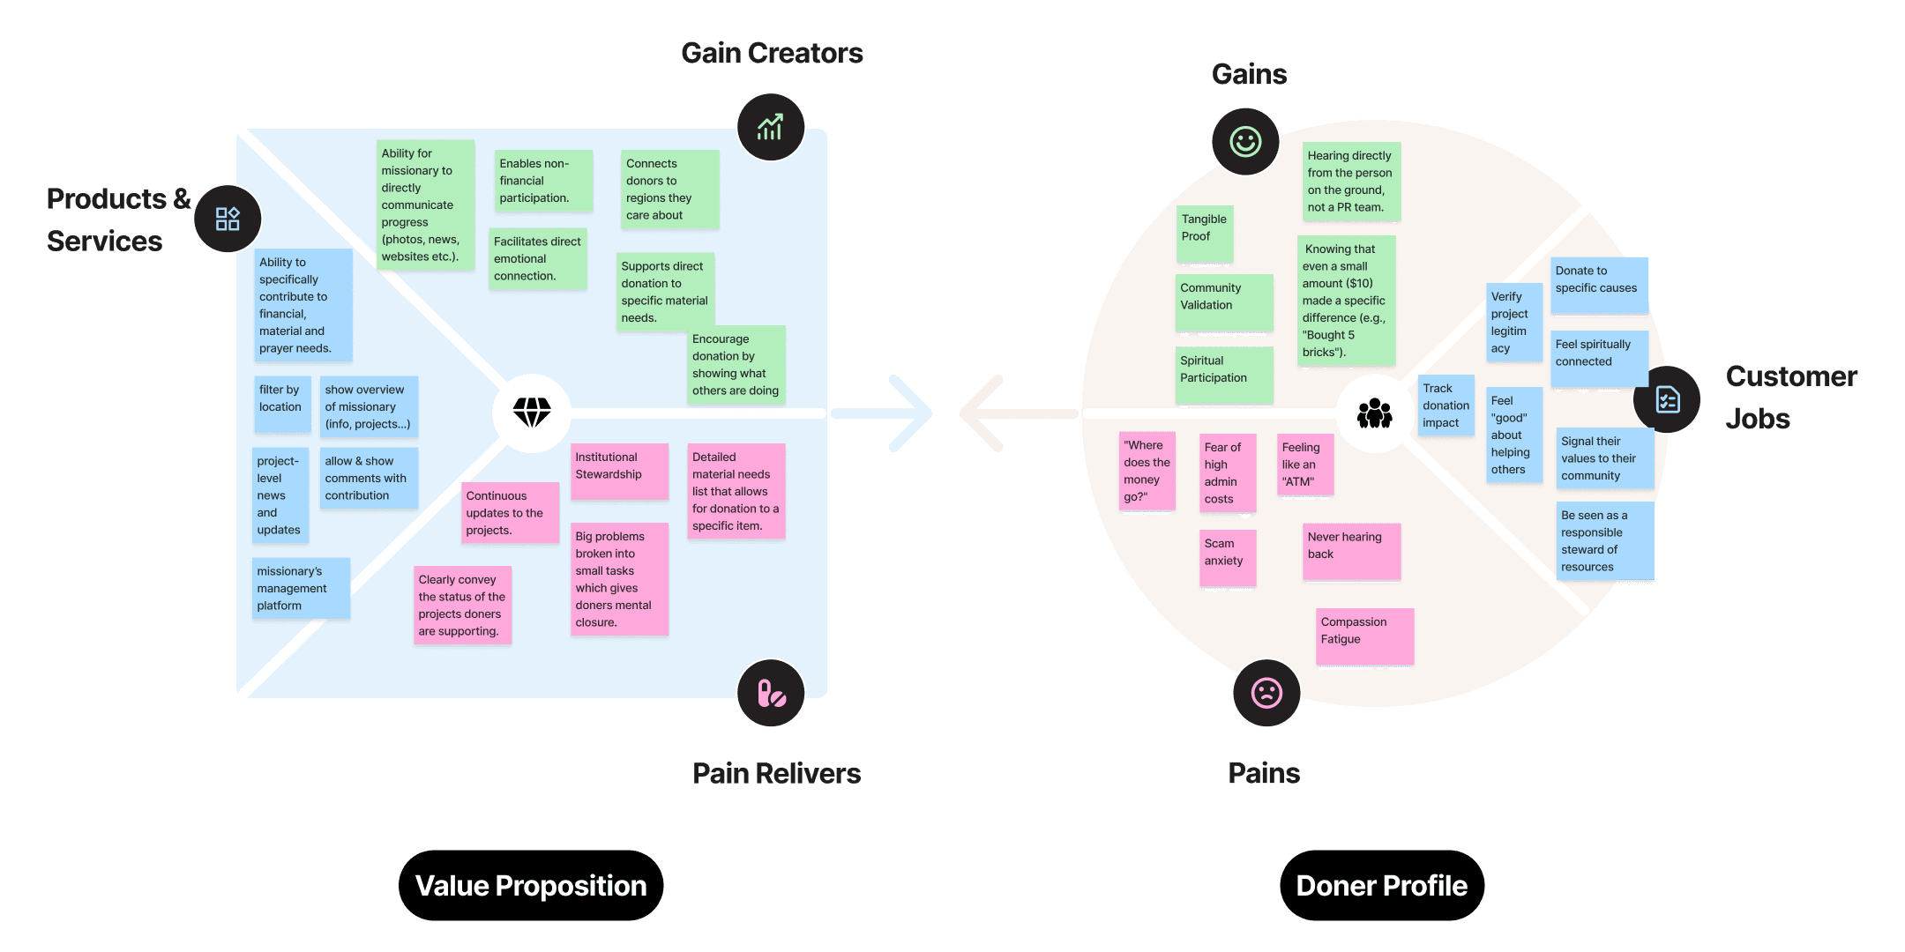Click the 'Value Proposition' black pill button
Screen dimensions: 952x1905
(x=531, y=885)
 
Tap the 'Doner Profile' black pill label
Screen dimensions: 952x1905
(x=1381, y=885)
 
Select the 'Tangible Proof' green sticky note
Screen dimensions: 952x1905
(x=1205, y=234)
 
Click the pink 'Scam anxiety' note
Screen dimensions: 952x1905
(x=1227, y=557)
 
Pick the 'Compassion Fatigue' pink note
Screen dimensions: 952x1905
(x=1365, y=636)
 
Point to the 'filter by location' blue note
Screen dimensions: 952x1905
(x=282, y=404)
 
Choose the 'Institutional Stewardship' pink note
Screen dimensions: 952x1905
(x=619, y=472)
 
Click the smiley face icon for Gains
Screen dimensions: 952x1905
(x=1245, y=141)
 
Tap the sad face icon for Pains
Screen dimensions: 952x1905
(x=1266, y=693)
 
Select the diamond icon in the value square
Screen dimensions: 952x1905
(x=532, y=412)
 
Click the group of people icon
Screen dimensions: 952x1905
(x=1374, y=413)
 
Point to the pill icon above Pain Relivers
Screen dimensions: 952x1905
(x=771, y=694)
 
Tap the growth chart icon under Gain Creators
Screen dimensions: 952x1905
(x=770, y=127)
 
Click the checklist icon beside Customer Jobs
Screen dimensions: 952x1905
(x=1667, y=399)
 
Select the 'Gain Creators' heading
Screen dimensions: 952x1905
(x=772, y=54)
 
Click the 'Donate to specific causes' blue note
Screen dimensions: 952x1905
(x=1599, y=285)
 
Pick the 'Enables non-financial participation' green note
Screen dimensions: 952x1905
(x=543, y=181)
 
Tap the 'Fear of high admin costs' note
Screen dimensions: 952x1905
(x=1227, y=473)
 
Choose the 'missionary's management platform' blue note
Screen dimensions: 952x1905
(x=301, y=588)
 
